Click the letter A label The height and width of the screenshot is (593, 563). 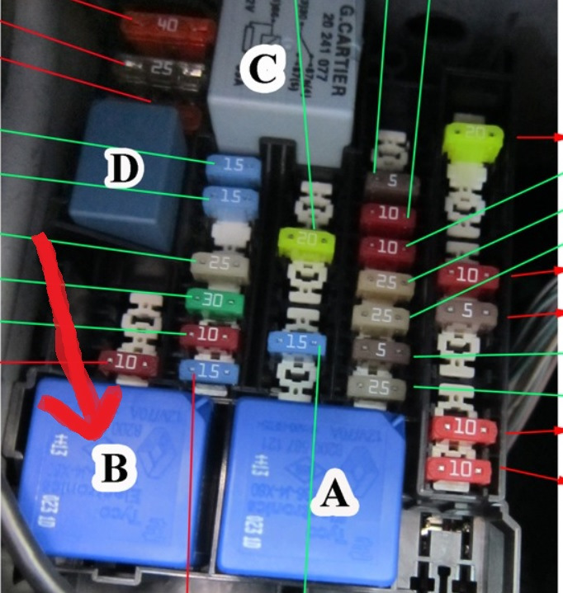pyautogui.click(x=332, y=495)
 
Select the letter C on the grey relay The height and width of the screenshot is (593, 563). pyautogui.click(x=262, y=71)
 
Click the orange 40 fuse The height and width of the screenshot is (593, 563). pyautogui.click(x=166, y=26)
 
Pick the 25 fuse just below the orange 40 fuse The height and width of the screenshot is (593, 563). pyautogui.click(x=162, y=68)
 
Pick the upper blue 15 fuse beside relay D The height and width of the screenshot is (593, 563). pyautogui.click(x=234, y=165)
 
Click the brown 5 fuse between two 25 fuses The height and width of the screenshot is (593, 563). pyautogui.click(x=387, y=351)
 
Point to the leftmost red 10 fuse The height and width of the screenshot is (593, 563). pyautogui.click(x=124, y=361)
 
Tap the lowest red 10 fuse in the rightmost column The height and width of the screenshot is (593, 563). pyautogui.click(x=467, y=469)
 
